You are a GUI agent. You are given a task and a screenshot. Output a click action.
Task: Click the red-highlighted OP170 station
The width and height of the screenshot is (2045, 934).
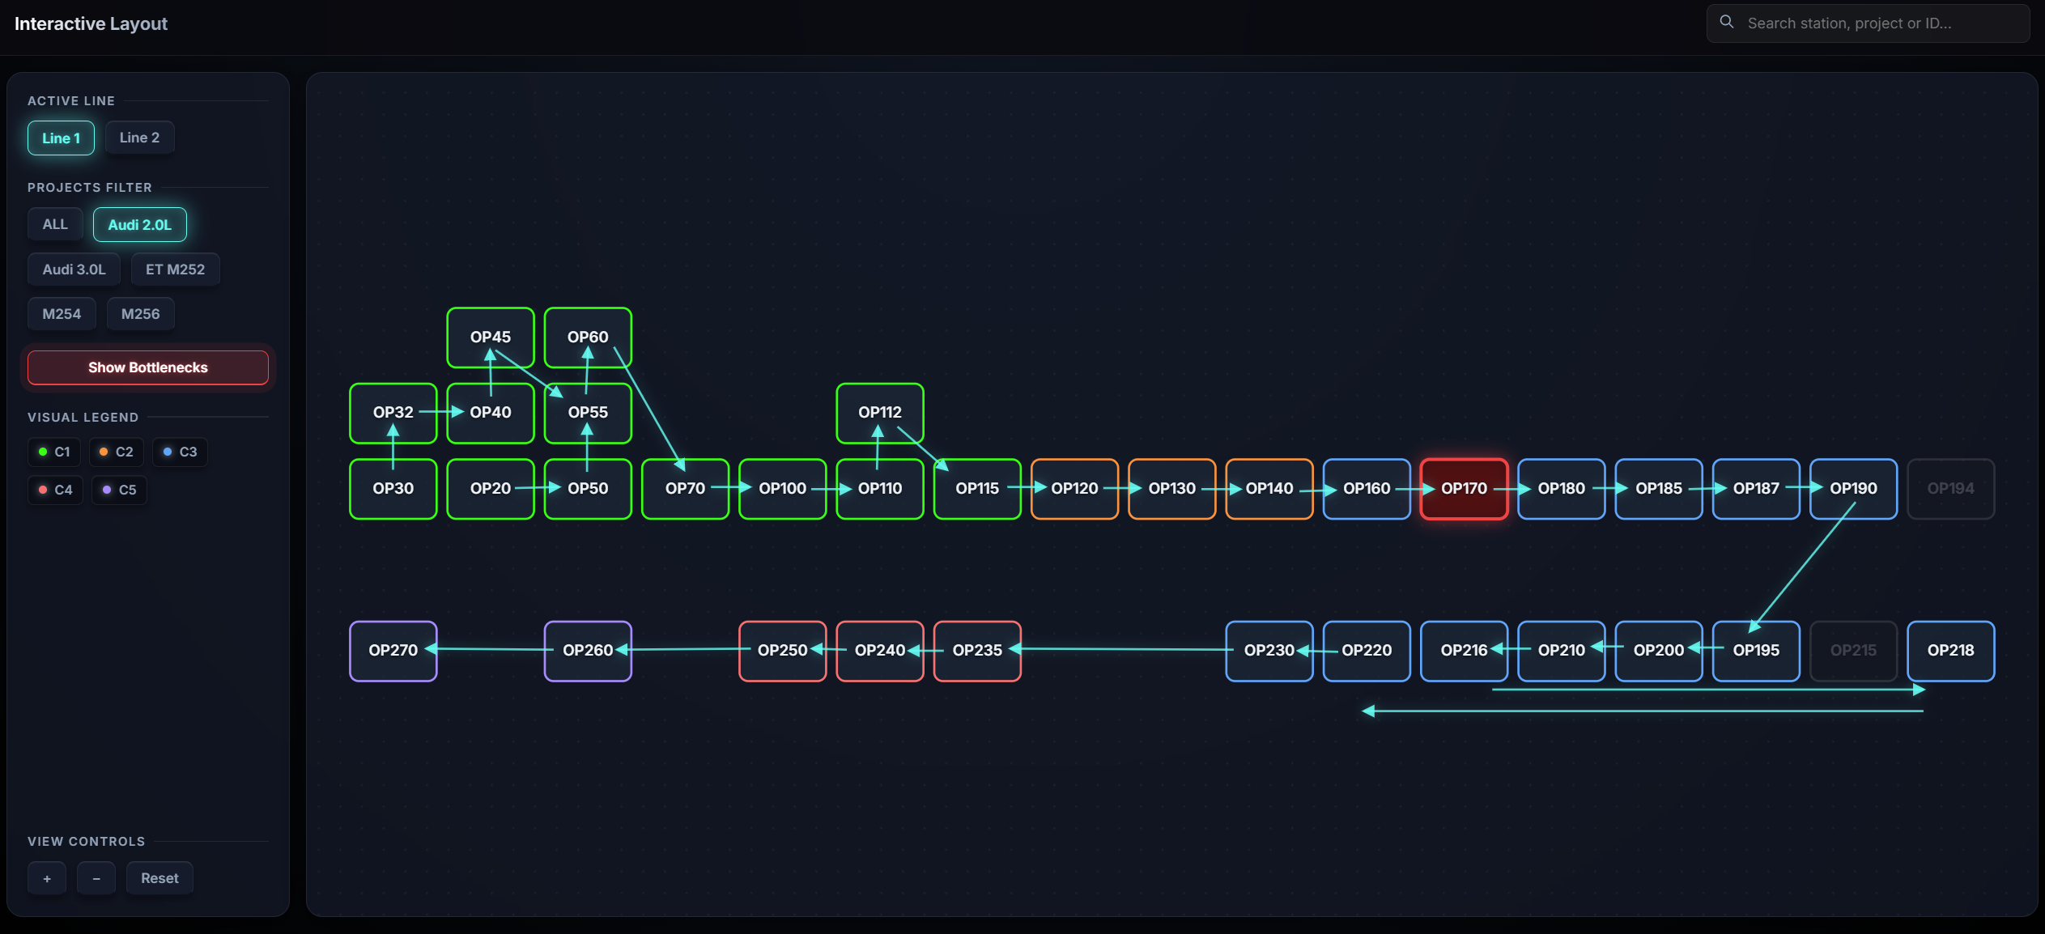pos(1464,489)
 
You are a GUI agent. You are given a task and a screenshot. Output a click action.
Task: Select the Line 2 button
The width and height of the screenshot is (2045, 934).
pos(139,138)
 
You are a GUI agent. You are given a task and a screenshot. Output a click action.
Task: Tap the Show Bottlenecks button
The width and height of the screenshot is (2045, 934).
pos(147,367)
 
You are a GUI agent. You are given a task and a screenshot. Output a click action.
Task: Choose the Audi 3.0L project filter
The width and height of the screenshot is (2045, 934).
pos(74,270)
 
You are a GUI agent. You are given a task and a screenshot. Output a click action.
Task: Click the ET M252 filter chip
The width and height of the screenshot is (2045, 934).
pos(175,270)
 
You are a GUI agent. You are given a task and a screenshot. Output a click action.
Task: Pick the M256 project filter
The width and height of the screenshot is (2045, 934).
pos(140,314)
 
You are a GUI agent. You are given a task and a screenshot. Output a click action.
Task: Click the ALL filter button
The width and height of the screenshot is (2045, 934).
pos(55,224)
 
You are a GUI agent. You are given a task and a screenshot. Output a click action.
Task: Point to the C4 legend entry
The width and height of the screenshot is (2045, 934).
pos(55,490)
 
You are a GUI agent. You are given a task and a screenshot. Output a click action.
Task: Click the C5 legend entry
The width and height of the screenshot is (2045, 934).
pos(119,490)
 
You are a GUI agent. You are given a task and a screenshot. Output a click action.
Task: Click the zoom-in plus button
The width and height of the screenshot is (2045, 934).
pos(47,878)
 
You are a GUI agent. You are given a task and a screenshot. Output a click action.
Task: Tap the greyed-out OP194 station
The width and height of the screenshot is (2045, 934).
pos(1950,489)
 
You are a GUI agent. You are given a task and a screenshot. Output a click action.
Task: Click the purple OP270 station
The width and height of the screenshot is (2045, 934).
pos(393,651)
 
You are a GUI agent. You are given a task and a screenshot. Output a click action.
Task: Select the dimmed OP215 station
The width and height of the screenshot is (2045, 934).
pos(1853,651)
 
